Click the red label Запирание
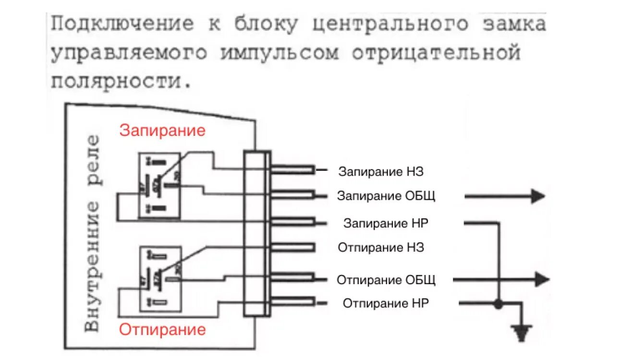point(162,131)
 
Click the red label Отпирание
point(162,330)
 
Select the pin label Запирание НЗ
point(381,171)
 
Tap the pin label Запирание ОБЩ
point(386,196)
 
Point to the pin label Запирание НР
point(386,223)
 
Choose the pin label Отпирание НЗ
point(381,248)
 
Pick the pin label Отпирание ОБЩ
point(386,280)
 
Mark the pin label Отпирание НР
point(386,303)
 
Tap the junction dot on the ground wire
point(499,304)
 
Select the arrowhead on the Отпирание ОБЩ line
point(542,279)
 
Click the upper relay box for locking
point(160,185)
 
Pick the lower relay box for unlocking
point(160,279)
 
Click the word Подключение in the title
point(122,24)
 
